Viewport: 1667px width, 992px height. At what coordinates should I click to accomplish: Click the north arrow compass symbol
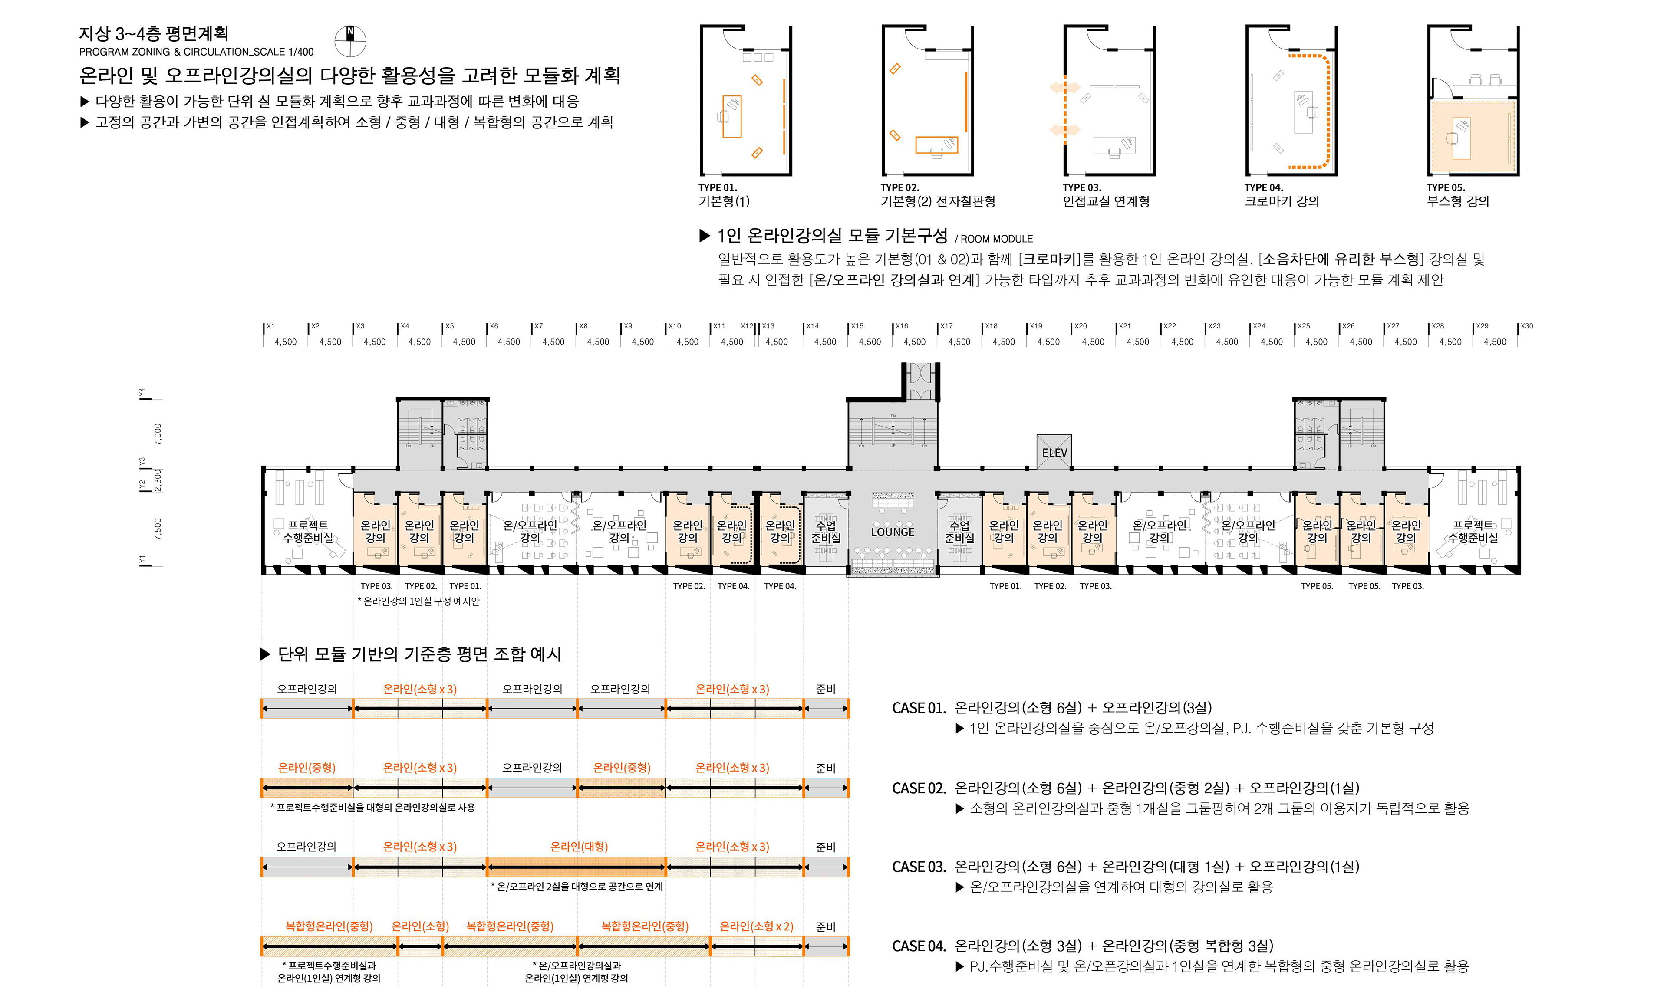350,42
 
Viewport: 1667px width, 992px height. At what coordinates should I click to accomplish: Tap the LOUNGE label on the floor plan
892,532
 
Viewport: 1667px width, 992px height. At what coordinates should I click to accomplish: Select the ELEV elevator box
1054,453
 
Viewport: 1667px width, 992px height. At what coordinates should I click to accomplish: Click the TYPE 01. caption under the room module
718,188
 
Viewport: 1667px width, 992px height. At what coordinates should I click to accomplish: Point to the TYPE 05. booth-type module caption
1445,188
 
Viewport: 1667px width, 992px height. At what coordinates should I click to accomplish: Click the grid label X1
270,326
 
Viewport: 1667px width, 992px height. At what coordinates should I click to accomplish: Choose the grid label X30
1527,326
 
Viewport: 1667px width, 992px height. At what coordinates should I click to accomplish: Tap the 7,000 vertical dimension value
158,434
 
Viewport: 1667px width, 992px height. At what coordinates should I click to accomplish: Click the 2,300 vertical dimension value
158,480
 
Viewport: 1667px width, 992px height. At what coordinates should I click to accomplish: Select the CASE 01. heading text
919,708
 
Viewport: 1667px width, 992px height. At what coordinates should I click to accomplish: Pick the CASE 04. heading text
919,946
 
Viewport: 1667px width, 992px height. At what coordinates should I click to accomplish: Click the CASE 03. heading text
919,867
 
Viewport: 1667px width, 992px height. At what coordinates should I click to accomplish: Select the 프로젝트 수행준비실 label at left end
308,532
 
